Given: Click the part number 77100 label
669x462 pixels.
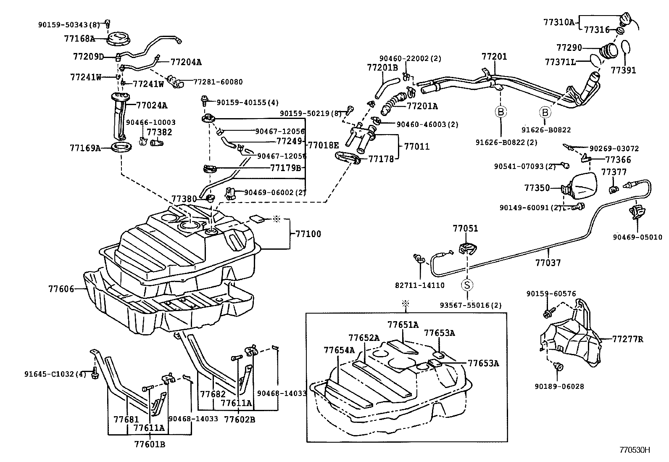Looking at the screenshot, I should (308, 234).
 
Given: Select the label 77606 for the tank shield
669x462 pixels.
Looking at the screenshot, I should (61, 289).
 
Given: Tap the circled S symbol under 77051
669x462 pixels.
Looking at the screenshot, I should (467, 285).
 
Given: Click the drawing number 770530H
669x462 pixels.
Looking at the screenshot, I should (635, 450).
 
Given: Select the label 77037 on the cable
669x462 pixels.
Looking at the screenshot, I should (548, 263).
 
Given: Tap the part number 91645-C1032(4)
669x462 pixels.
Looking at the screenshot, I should (55, 373).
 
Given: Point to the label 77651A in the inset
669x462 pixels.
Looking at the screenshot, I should (403, 325).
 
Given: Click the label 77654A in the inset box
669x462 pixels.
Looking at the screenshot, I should (339, 350).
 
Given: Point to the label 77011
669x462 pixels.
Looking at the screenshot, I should (417, 147).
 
